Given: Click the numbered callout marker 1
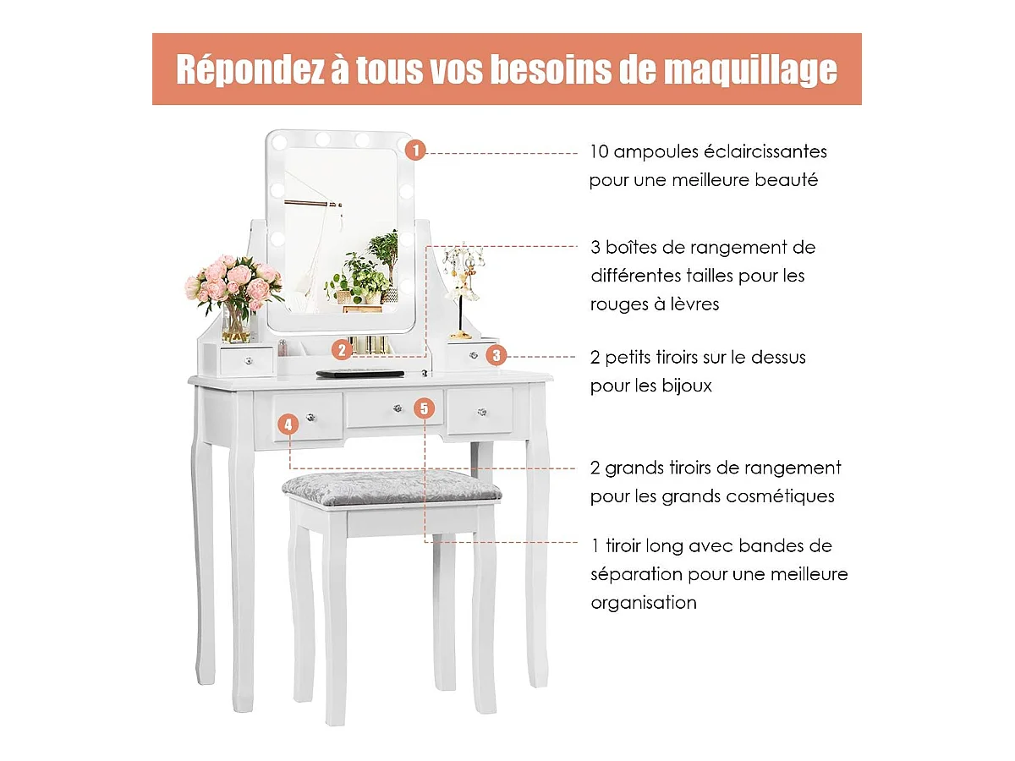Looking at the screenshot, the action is pos(415,151).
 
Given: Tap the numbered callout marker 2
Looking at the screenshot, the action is pos(342,350).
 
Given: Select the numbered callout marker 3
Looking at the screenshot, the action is pos(497,355).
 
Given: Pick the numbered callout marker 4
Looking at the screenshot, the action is pos(288,424).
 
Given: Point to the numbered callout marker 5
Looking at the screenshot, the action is pos(424,408).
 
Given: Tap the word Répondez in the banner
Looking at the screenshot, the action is pos(250,69).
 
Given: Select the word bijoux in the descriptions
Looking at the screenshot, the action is pos(687,386).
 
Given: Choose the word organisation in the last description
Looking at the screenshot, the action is pos(644,603).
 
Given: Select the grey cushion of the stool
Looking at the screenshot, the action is pos(392,488).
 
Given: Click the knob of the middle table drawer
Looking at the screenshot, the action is pos(398,408).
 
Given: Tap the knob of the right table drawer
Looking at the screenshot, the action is pos(482,412).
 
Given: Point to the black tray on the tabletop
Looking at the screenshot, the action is pos(359,374).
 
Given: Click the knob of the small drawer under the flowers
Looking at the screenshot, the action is pos(249,361).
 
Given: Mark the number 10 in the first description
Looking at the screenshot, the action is pos(600,152).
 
